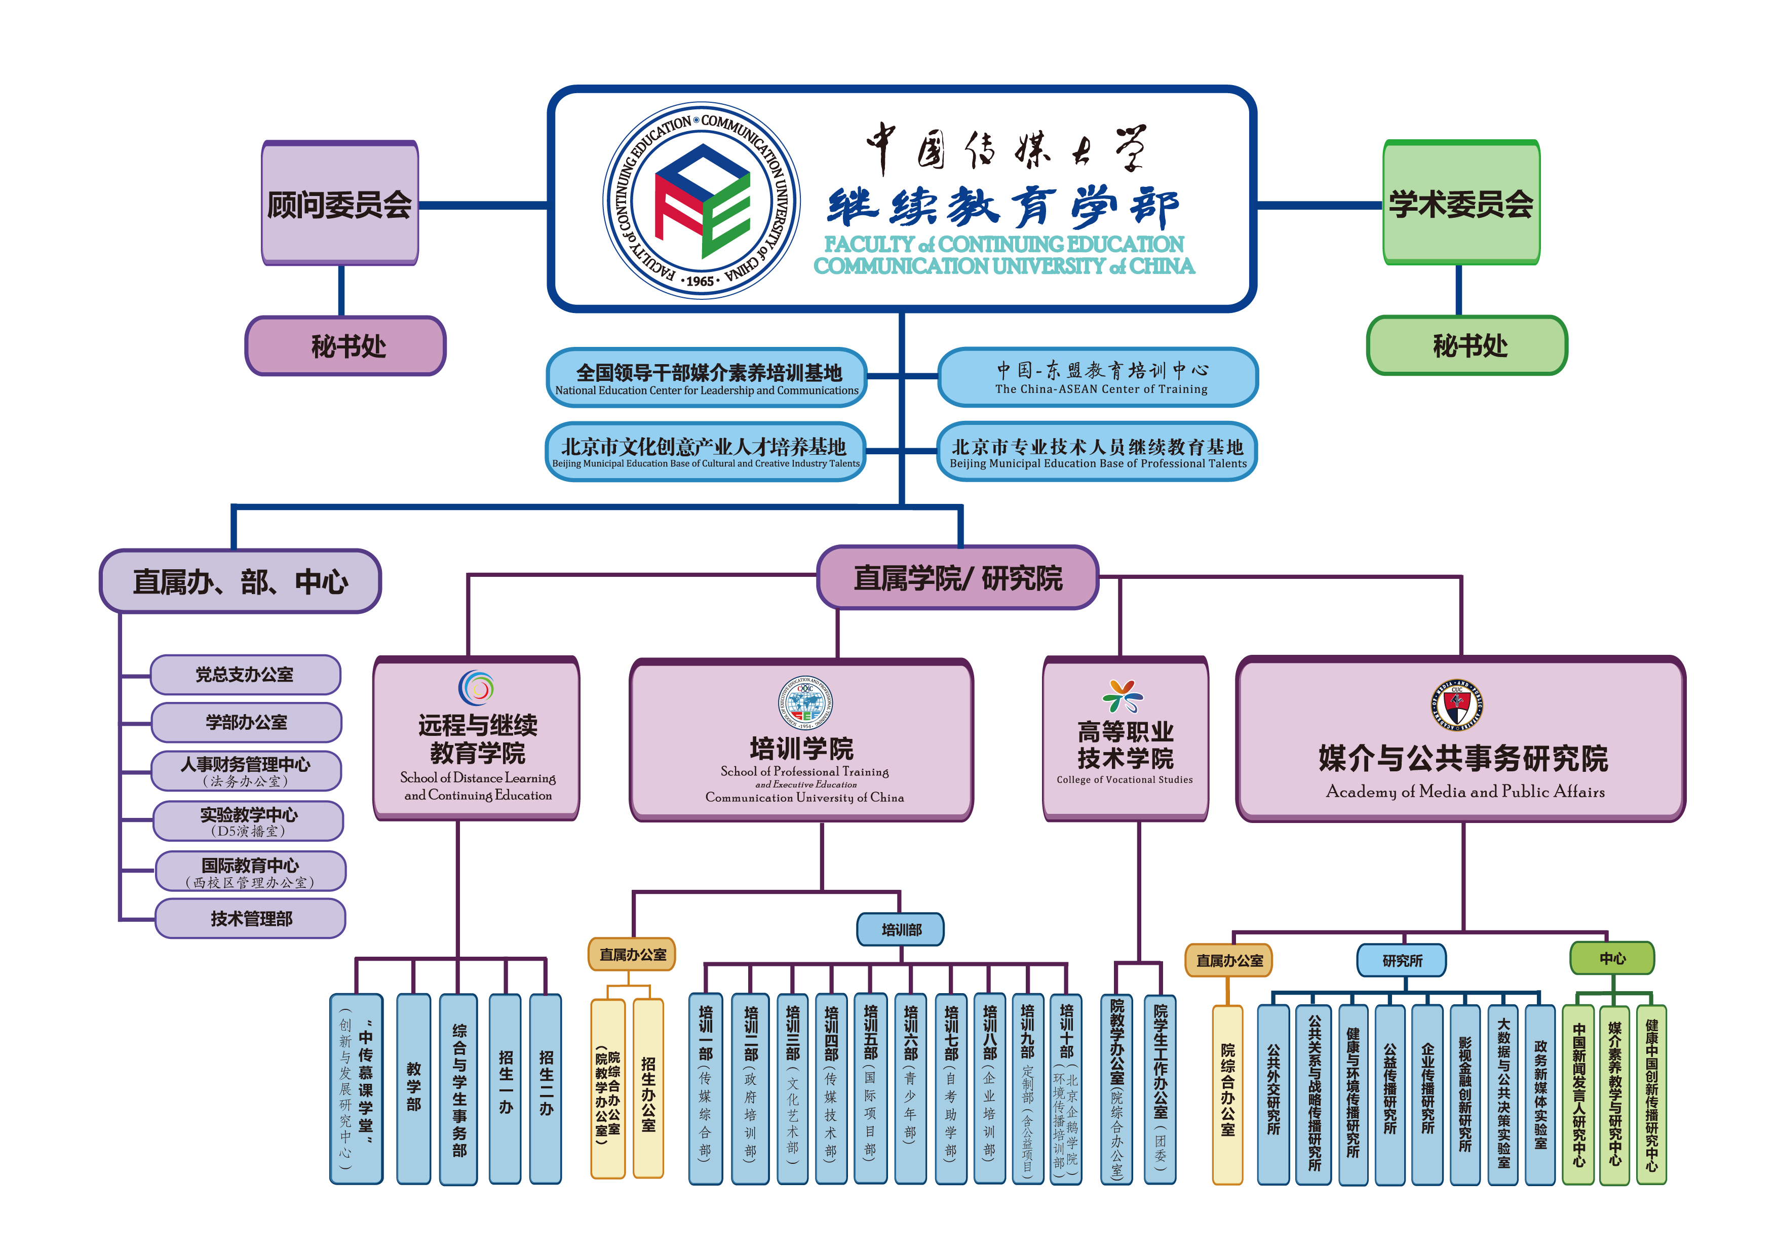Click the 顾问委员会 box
point(340,204)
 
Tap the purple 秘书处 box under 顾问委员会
point(346,346)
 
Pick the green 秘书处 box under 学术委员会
point(1467,345)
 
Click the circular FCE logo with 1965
point(701,201)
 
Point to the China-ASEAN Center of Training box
point(1098,378)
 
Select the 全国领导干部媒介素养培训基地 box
point(707,378)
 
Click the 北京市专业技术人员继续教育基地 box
point(1098,452)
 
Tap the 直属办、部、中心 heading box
point(240,582)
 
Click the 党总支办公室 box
point(245,675)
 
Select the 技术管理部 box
point(251,919)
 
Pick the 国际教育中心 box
point(251,872)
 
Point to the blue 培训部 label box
point(901,929)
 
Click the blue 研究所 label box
point(1402,960)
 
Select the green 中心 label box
point(1612,958)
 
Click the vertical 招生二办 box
point(546,1089)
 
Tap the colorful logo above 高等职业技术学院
point(1124,696)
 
